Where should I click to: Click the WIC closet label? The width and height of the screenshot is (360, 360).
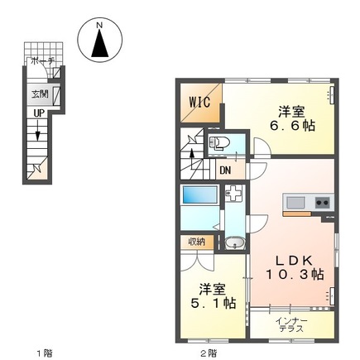199,102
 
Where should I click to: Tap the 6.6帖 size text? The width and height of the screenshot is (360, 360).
292,126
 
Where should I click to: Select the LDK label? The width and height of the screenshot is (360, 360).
295,261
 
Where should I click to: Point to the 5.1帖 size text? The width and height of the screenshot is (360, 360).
214,303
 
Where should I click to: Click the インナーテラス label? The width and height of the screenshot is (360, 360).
291,324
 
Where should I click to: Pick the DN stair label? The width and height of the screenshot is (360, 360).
225,170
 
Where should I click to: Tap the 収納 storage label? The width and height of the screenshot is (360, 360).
197,242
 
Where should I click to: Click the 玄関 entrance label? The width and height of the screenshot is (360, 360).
40,94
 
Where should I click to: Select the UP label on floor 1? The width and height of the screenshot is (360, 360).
39,113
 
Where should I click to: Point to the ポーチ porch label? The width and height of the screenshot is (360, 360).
41,61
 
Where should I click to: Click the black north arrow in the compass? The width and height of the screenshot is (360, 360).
99,43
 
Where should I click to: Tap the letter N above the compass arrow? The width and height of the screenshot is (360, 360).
99,26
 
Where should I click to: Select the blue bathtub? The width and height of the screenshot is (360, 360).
199,195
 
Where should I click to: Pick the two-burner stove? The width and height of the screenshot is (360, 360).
323,204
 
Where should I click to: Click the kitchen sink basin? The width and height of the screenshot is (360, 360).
295,203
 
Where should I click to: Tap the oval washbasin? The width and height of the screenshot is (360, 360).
235,243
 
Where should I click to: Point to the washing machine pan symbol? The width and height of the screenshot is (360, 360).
233,193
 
